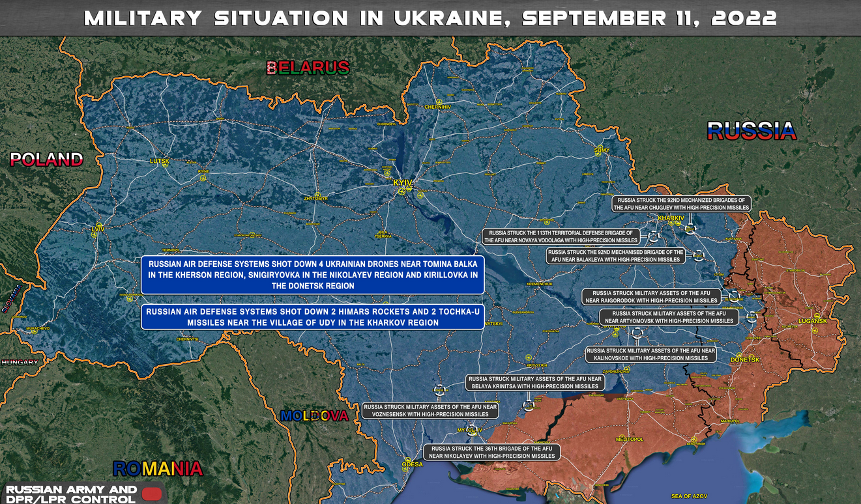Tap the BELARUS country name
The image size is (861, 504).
pos(308,67)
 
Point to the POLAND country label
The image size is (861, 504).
pos(46,160)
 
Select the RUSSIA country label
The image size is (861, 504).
pos(752,131)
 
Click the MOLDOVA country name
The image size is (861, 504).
pos(314,415)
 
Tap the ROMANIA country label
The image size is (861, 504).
pos(157,468)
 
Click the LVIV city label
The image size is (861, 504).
pos(98,229)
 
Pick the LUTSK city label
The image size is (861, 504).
pos(159,160)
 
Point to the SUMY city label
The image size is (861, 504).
pos(602,150)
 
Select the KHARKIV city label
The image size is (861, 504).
pos(670,217)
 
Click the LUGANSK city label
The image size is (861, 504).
pos(812,321)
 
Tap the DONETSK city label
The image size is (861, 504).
pos(744,359)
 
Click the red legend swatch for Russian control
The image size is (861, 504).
pos(151,494)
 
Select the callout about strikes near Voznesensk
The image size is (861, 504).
pos(430,410)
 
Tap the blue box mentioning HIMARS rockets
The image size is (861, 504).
pos(312,316)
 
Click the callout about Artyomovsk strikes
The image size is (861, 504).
pos(669,317)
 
